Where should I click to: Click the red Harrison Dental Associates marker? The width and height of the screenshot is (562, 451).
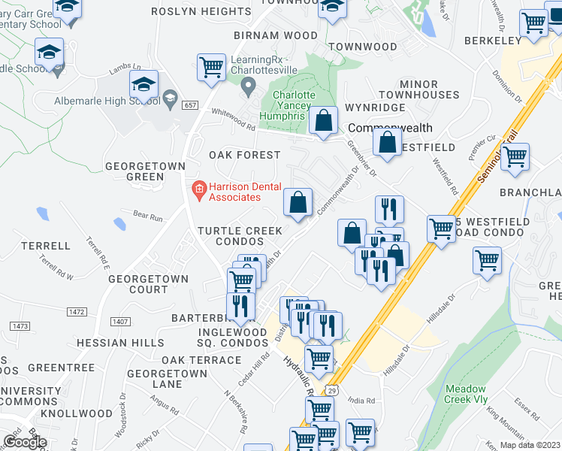pyautogui.click(x=199, y=192)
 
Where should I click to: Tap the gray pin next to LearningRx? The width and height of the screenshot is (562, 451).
pyautogui.click(x=249, y=89)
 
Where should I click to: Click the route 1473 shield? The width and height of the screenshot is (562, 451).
pyautogui.click(x=20, y=325)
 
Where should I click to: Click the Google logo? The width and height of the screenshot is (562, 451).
pyautogui.click(x=25, y=442)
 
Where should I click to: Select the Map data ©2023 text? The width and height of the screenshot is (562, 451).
pyautogui.click(x=530, y=445)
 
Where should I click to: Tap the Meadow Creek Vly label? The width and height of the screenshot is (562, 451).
pyautogui.click(x=466, y=394)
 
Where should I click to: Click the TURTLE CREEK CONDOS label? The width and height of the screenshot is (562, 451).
pyautogui.click(x=239, y=236)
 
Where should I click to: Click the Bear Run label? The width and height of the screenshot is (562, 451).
pyautogui.click(x=147, y=217)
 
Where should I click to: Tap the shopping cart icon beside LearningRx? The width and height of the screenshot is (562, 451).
pyautogui.click(x=212, y=67)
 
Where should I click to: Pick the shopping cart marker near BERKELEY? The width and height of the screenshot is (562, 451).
pyautogui.click(x=533, y=23)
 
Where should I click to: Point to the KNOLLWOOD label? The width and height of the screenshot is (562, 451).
pyautogui.click(x=76, y=413)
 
